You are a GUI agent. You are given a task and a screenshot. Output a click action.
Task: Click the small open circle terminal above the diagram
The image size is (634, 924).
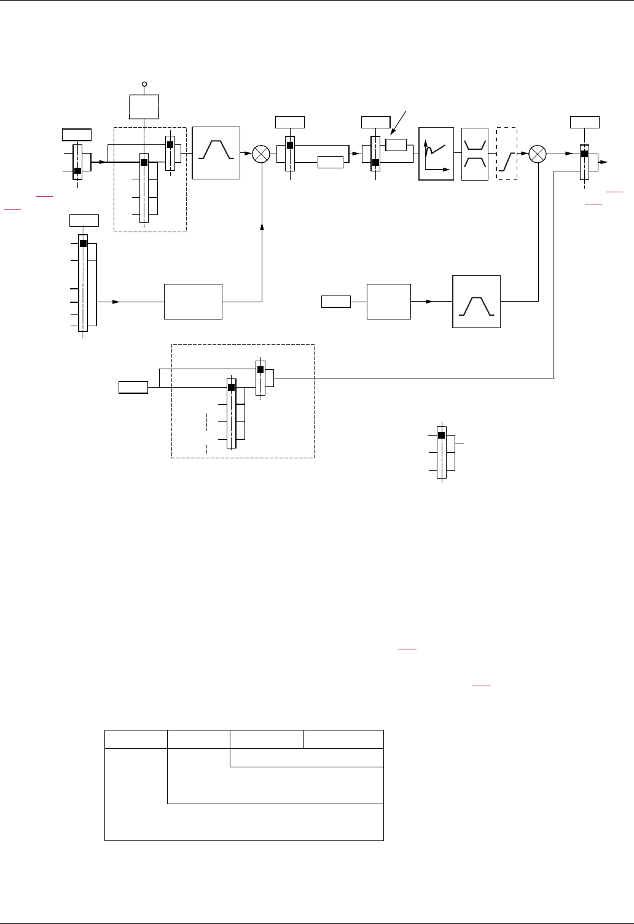tap(144, 84)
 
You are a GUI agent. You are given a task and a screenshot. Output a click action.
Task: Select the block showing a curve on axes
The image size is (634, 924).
tap(436, 154)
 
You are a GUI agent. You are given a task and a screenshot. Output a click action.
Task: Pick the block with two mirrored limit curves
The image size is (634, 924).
tap(475, 154)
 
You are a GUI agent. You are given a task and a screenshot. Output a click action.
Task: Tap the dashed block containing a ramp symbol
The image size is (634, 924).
tap(507, 154)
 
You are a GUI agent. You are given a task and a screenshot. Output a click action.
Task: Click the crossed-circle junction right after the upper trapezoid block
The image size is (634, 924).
tap(262, 154)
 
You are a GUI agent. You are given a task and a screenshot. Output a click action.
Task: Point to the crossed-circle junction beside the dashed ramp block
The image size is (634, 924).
tap(538, 154)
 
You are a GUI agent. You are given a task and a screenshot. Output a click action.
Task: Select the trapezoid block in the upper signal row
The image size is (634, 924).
tap(216, 153)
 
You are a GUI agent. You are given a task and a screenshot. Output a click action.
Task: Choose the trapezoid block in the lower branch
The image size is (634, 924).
tap(476, 302)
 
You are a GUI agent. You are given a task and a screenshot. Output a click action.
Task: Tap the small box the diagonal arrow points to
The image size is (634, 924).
tap(396, 145)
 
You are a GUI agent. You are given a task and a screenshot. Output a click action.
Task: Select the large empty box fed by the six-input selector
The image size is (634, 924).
tap(193, 302)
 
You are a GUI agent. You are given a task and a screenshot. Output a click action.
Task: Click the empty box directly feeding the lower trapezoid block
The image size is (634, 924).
tap(388, 302)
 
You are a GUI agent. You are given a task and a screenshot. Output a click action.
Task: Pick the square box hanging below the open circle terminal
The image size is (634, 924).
tap(144, 107)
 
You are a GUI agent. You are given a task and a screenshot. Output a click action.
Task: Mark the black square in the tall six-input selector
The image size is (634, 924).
tap(83, 244)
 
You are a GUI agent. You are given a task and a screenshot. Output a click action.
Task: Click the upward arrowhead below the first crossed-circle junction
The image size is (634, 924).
tap(262, 228)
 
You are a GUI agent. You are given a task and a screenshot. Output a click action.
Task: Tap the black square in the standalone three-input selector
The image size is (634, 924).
tap(441, 436)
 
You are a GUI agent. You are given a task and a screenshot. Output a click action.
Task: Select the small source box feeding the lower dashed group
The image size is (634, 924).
tap(133, 387)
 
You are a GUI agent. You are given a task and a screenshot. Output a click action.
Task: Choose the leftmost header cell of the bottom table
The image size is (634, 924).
tap(136, 740)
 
